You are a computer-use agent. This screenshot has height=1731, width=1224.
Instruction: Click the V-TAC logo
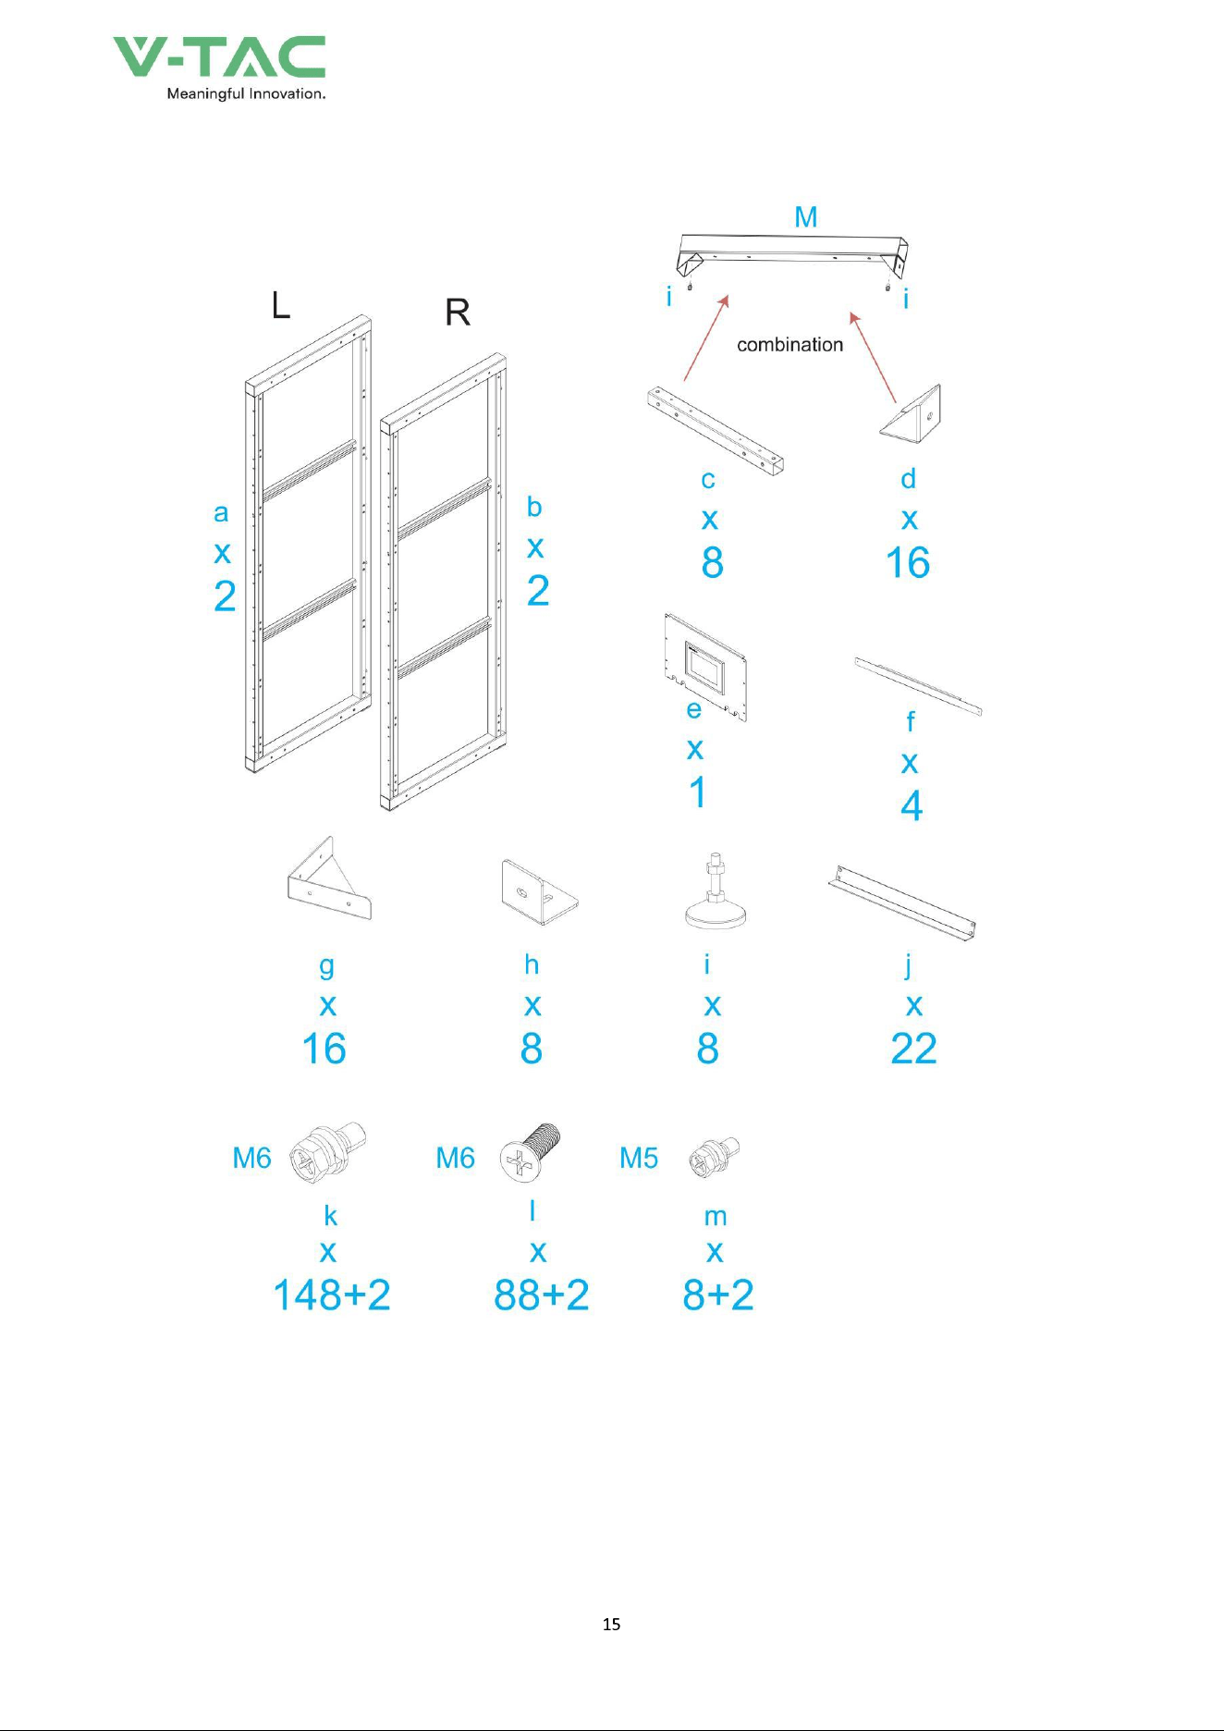tap(219, 68)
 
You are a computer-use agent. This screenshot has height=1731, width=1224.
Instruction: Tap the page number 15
tap(611, 1624)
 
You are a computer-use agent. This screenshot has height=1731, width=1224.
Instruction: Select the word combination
tap(789, 345)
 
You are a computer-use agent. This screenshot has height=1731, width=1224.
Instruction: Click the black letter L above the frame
tap(281, 304)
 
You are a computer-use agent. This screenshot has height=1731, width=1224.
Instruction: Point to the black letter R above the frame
tap(458, 313)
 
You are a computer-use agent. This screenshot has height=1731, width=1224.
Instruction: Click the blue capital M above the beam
tap(806, 216)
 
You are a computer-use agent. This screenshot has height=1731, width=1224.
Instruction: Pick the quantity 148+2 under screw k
tap(332, 1295)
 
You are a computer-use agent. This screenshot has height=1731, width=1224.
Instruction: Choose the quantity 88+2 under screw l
tap(542, 1295)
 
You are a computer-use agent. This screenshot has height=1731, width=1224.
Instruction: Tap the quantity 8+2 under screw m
tap(718, 1295)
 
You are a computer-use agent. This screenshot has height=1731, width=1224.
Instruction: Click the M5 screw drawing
tap(714, 1158)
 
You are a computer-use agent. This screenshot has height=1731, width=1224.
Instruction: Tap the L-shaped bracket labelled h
tap(540, 892)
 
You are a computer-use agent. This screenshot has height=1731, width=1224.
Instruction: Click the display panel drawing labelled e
tap(705, 666)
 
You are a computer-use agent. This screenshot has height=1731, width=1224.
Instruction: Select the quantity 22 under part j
tap(913, 1049)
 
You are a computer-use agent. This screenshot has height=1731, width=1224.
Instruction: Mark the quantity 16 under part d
tap(908, 563)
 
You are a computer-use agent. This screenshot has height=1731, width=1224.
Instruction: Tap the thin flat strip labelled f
tap(918, 686)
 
